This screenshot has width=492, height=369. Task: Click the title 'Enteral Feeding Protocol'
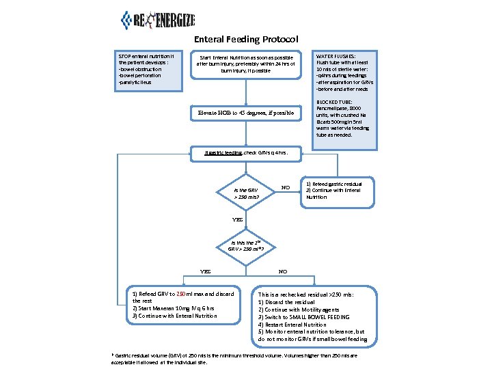(245, 40)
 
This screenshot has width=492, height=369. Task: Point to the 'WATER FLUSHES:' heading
(336, 56)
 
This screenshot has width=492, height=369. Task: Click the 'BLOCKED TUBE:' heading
(334, 102)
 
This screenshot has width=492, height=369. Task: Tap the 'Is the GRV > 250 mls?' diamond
(246, 193)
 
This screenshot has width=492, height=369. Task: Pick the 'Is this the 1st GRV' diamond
(246, 245)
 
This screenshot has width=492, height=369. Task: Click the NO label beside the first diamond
(286, 187)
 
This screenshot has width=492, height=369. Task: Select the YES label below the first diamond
(237, 220)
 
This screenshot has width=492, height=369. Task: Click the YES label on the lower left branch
(204, 271)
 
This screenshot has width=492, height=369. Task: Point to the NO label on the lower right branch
(283, 271)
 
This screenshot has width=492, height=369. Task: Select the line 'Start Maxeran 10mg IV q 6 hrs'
(174, 308)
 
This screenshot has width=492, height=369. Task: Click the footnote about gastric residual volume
(232, 359)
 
